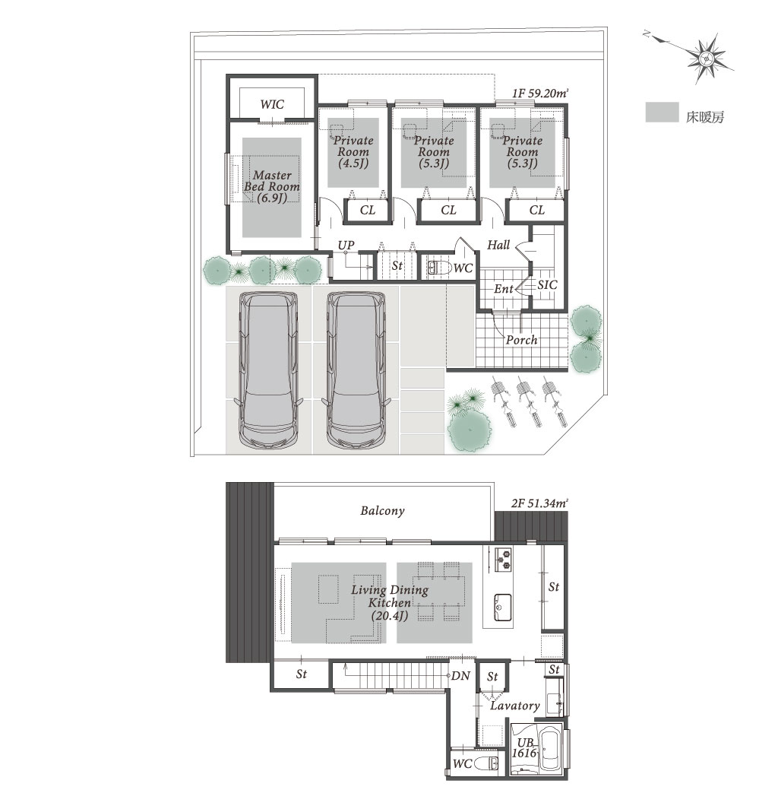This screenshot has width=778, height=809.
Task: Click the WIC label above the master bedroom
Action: point(272,104)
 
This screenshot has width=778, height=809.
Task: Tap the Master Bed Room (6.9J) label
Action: point(272,187)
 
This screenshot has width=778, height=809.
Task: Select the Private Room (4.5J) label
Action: point(353,152)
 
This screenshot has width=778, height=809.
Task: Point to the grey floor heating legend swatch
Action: point(662,113)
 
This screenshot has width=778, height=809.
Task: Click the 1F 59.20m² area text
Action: point(539,94)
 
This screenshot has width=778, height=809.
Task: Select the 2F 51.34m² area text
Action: point(539,503)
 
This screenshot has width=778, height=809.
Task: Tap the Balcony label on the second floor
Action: point(382,511)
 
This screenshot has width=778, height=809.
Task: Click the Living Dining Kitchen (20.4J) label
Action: point(389,603)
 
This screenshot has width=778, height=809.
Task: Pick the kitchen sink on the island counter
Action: point(503,608)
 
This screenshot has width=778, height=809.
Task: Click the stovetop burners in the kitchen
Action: point(504,560)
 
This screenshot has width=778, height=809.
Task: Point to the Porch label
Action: point(521,340)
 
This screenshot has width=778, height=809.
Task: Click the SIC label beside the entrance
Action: point(547,285)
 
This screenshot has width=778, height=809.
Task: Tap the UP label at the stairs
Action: point(346,245)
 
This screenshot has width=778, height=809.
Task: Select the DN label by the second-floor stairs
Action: point(460,676)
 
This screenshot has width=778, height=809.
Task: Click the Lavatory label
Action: point(514,706)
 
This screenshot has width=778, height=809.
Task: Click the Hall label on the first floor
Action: point(498,245)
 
